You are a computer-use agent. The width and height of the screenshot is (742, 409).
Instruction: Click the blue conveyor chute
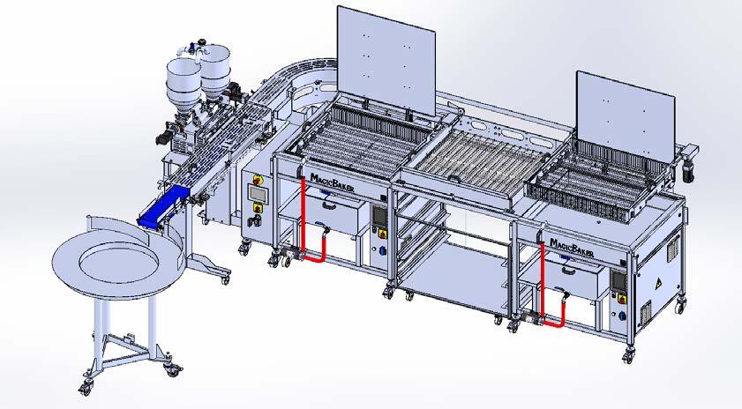163,206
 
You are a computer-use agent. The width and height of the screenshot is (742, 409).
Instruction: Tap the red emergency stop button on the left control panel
258,180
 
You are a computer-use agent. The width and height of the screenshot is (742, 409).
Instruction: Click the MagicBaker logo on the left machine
332,182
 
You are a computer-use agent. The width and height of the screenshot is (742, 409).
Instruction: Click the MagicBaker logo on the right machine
572,248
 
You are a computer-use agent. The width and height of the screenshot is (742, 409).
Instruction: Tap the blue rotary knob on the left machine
382,250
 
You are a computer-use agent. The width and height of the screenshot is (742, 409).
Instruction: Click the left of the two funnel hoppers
184,87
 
